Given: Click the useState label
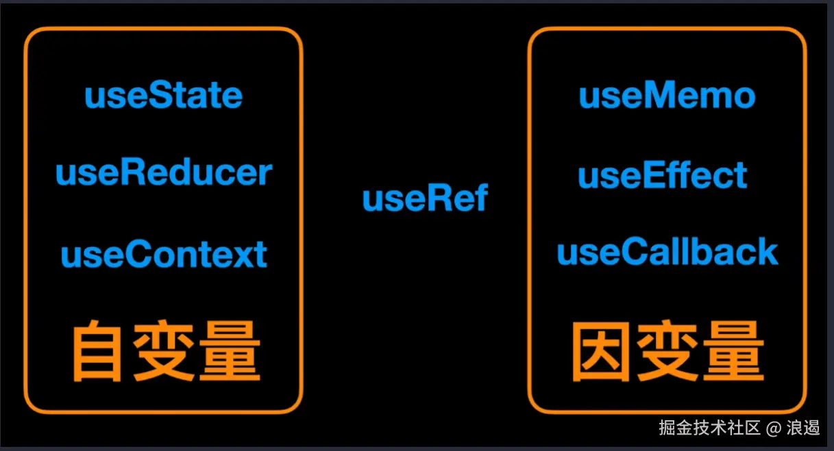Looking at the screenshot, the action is pyautogui.click(x=164, y=96).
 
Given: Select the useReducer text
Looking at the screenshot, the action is pyautogui.click(x=164, y=173).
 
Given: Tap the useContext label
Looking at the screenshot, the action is pyautogui.click(x=164, y=255).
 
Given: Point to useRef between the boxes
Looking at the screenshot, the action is pyautogui.click(x=425, y=198).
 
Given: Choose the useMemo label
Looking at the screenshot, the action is pyautogui.click(x=667, y=96).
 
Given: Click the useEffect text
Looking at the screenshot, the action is pyautogui.click(x=663, y=175).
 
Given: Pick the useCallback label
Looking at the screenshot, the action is pyautogui.click(x=667, y=252).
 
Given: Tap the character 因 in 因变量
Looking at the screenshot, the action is pyautogui.click(x=600, y=352).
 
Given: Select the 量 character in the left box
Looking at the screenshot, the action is pyautogui.click(x=230, y=352).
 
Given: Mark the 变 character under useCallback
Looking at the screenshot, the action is pyautogui.click(x=666, y=352).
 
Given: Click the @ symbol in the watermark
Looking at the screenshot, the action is pyautogui.click(x=774, y=428).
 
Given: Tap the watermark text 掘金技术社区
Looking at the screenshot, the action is pyautogui.click(x=709, y=428).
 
